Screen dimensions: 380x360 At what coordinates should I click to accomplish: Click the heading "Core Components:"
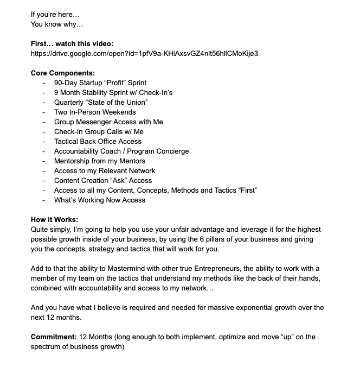coord(63,73)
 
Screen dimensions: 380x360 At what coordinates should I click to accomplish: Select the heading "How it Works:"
coord(55,219)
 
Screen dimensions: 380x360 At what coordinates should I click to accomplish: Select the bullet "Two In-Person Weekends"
coord(95,112)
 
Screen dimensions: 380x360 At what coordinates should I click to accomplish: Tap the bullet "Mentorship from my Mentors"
coord(100,161)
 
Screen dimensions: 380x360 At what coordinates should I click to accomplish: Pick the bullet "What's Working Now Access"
coord(100,200)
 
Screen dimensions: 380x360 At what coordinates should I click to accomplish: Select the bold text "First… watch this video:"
coord(73,43)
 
